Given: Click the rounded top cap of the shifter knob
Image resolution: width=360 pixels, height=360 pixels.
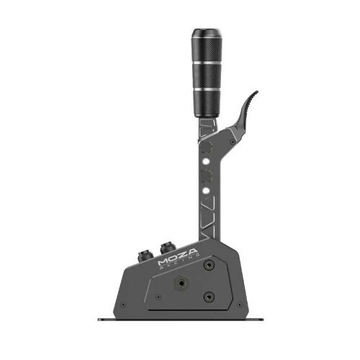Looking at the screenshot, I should [206, 33].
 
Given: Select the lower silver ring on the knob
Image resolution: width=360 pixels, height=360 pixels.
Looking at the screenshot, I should [206, 88].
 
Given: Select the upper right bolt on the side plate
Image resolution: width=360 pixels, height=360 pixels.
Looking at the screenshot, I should [209, 264].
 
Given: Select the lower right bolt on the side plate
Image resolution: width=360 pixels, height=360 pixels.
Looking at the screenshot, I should [209, 295].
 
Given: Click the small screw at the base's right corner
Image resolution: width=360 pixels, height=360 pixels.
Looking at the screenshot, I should [240, 303].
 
